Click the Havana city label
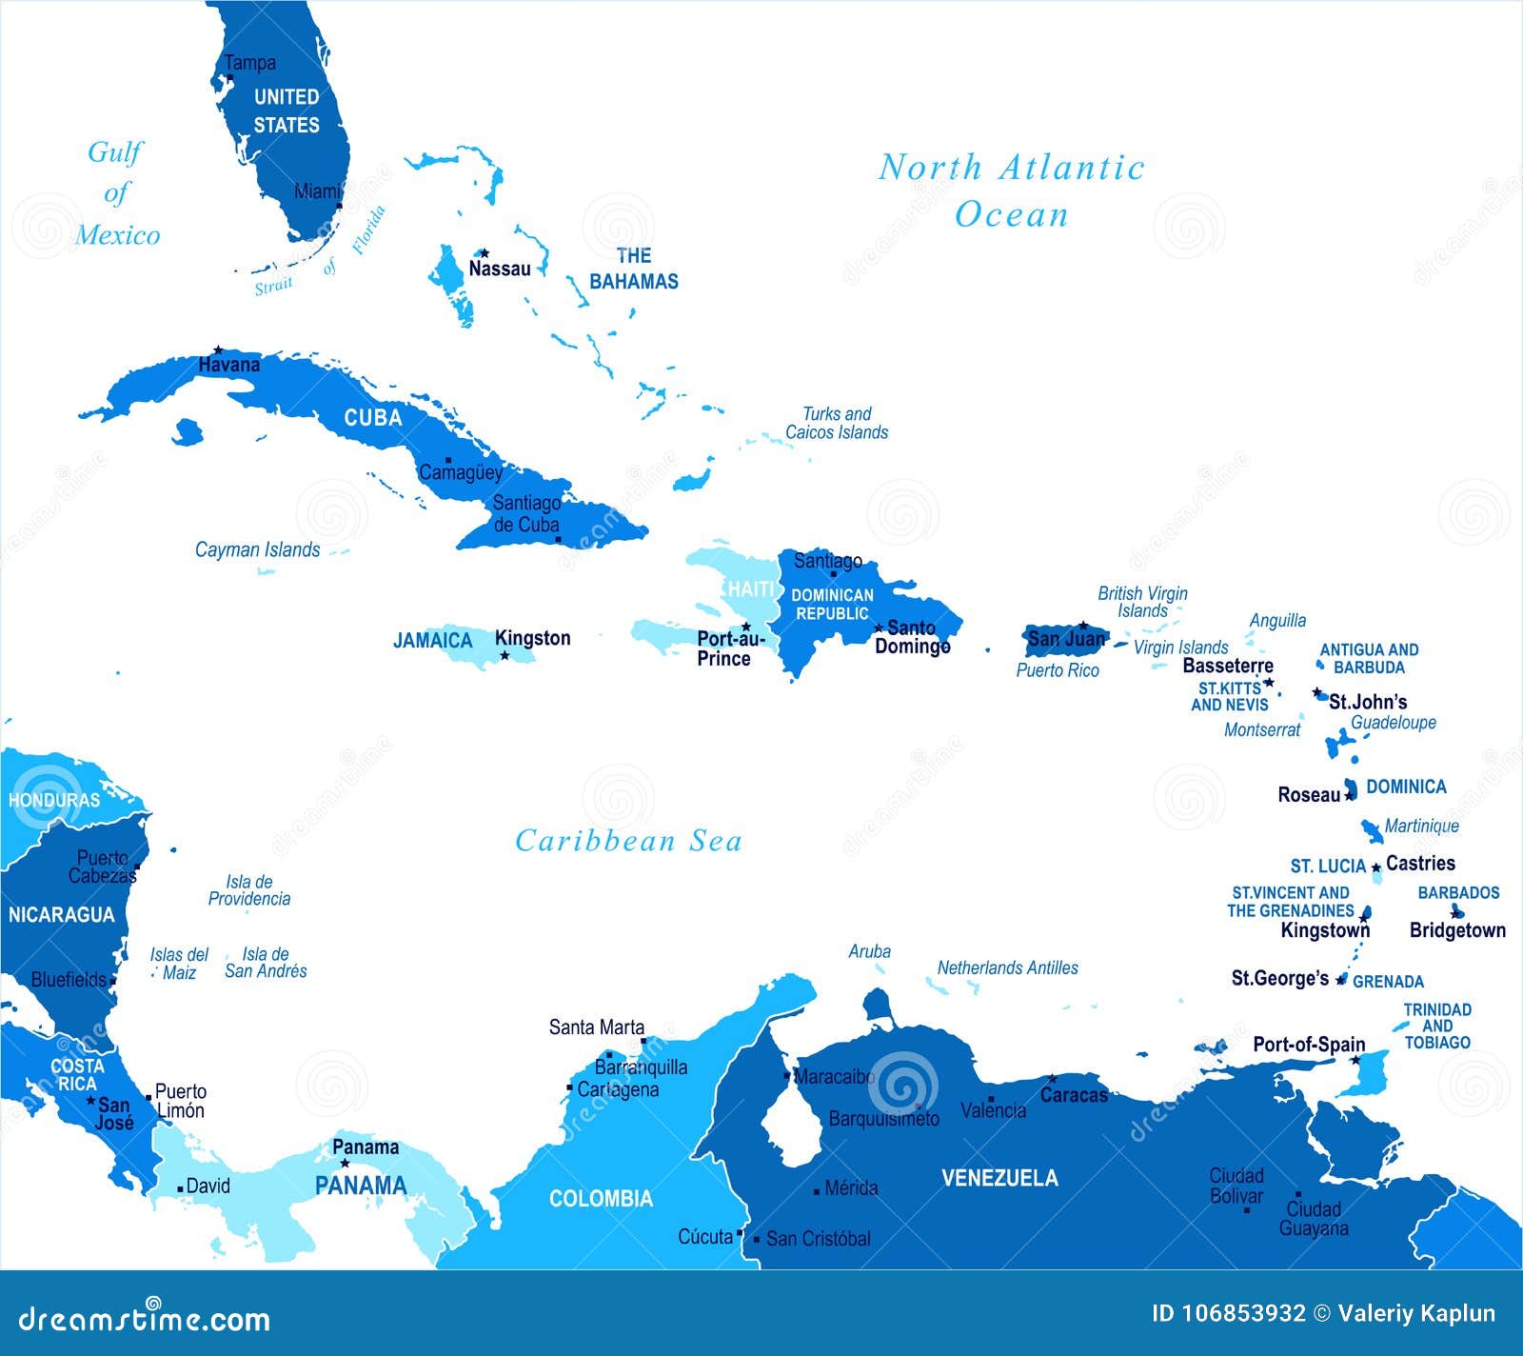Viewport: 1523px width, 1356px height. [x=228, y=365]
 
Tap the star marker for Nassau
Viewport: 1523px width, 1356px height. [x=484, y=253]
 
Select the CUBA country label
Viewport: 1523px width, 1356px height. [x=372, y=418]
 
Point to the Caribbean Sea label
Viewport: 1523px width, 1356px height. [x=628, y=841]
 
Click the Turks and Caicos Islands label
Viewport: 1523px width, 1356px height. [x=836, y=423]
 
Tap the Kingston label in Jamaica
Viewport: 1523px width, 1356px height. [x=532, y=638]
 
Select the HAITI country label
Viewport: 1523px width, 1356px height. [x=751, y=589]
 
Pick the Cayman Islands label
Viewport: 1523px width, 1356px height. [x=257, y=549]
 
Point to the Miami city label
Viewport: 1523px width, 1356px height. [x=317, y=191]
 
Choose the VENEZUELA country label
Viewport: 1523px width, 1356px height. [x=999, y=1178]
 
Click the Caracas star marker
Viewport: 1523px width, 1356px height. [x=1052, y=1079]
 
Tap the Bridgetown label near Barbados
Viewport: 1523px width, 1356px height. [x=1457, y=930]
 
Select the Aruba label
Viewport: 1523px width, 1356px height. [x=869, y=951]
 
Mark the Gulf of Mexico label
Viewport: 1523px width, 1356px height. [x=116, y=193]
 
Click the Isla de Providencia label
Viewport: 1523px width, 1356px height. [x=249, y=890]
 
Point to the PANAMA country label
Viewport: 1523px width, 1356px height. [x=361, y=1186]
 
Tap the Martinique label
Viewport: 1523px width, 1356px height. [x=1421, y=826]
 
